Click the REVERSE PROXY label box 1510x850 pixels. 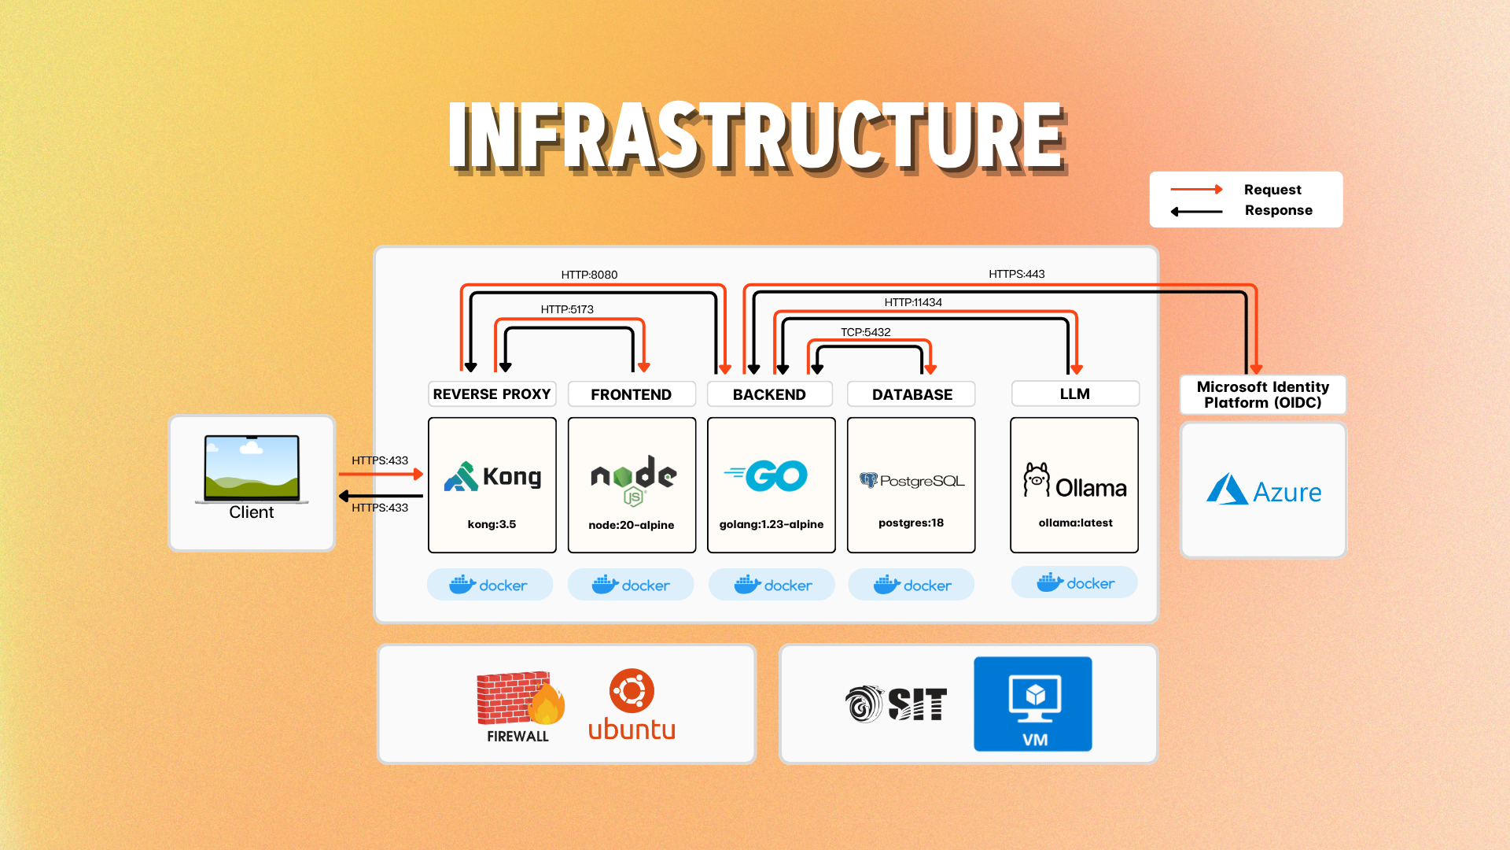[492, 394]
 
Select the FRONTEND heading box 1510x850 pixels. [632, 394]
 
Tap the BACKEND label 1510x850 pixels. [769, 394]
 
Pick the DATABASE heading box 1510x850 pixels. [912, 394]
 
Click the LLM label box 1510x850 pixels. [1074, 394]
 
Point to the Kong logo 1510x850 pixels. [492, 477]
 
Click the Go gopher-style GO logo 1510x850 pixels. [767, 475]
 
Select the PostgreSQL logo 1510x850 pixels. [912, 480]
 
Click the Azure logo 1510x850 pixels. [1264, 490]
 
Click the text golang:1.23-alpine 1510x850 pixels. [771, 524]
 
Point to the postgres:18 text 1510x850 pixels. [911, 523]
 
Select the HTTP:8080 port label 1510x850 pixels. [589, 275]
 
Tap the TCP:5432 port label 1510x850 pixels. [865, 332]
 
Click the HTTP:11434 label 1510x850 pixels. [912, 302]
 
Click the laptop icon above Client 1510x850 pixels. [252, 468]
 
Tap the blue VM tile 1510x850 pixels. [1033, 704]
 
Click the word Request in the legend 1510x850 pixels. [1272, 190]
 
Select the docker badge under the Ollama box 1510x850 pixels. [1074, 583]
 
